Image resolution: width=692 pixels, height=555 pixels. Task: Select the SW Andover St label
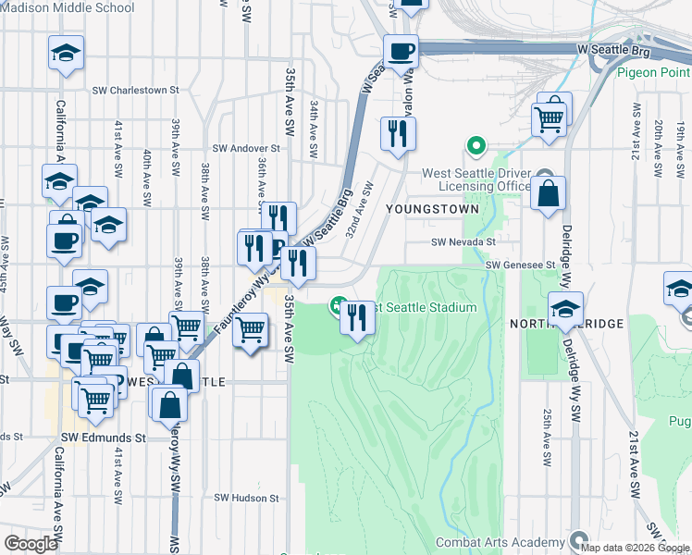[246, 148]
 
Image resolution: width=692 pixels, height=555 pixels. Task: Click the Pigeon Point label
[651, 72]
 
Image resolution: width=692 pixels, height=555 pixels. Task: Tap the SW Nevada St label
[463, 242]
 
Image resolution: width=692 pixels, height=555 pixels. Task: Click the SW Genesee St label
[521, 265]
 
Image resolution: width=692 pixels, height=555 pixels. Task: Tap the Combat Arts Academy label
[500, 542]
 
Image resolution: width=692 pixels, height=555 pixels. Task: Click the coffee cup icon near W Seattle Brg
[401, 51]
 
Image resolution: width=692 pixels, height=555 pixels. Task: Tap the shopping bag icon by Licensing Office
[548, 194]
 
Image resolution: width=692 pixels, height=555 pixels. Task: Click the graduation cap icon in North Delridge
[565, 309]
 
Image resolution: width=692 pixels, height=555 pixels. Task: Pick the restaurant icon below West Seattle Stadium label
[357, 317]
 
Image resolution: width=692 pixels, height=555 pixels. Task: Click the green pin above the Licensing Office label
[476, 145]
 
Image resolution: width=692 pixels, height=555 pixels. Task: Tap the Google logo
[31, 544]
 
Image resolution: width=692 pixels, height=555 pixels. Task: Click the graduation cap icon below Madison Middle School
[66, 53]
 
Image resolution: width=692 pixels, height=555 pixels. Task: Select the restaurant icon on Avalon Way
[398, 133]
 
